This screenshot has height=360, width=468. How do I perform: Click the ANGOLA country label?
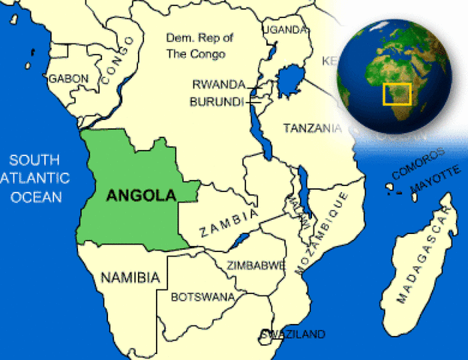point(142,195)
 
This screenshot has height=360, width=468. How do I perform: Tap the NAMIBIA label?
point(130,277)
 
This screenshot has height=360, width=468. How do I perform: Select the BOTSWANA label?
point(202,297)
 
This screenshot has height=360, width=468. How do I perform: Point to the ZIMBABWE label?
point(256,265)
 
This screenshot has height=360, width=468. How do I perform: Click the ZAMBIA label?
point(229,221)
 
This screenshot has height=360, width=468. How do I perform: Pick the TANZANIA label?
point(312,128)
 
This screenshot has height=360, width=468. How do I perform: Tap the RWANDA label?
point(217,85)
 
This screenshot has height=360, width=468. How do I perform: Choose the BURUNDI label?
point(217,100)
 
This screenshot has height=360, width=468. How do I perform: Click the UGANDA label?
point(285,30)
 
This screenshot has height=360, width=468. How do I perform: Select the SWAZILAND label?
point(293,334)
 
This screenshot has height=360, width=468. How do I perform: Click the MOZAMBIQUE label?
point(325,233)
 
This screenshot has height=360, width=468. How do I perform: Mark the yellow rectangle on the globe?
point(397,94)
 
